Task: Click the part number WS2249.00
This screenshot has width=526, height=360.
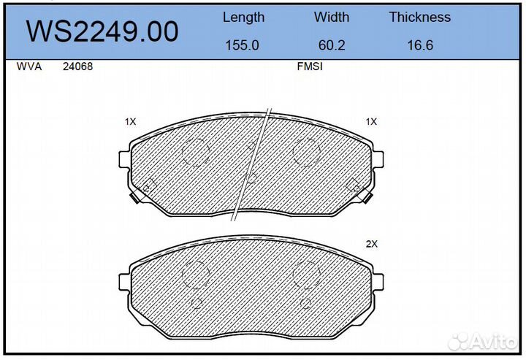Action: coord(102,31)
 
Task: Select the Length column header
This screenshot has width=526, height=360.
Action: coord(243,17)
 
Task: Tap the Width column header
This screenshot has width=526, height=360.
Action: coord(332,17)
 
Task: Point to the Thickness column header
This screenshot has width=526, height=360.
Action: coord(419,17)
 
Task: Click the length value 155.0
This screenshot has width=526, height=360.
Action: coord(243,45)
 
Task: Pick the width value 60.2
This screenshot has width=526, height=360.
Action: coord(332,45)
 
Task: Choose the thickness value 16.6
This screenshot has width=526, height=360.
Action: coord(420,45)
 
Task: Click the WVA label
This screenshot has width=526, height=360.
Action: coord(29,66)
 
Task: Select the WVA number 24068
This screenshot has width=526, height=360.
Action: coord(78,66)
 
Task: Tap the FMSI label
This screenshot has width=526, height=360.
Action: coord(310,66)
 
